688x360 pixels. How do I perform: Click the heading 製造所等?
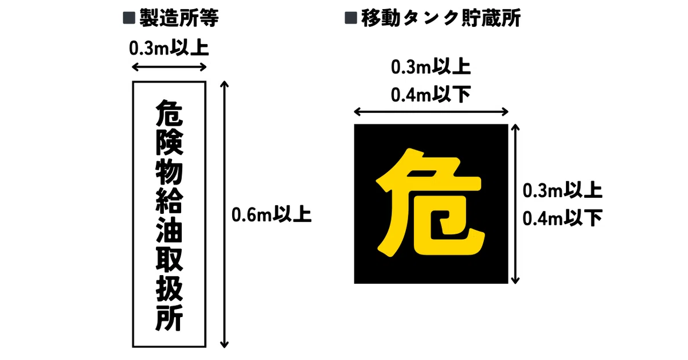pos(179,18)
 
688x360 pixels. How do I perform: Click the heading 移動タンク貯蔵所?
pos(441,18)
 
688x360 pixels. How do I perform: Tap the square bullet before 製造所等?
pos(129,18)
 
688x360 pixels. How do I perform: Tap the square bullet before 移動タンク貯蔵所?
pos(351,18)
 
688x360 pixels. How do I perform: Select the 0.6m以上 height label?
pos(272,214)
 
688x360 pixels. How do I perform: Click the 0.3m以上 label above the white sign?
pos(169,48)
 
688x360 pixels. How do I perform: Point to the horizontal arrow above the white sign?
pos(169,66)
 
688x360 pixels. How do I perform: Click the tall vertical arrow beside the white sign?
pos(225,214)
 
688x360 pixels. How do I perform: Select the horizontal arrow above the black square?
pos(431,112)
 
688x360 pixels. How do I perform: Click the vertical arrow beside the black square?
pos(515,204)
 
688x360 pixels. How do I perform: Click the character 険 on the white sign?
pos(169,144)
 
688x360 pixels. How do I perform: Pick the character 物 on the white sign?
pos(169,173)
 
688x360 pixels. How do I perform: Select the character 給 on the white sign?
pos(169,202)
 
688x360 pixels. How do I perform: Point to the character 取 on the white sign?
pos(169,260)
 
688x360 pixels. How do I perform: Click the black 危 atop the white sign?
pos(169,114)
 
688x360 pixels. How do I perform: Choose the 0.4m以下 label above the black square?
pos(431,95)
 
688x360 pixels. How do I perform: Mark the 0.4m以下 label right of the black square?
pos(562,218)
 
